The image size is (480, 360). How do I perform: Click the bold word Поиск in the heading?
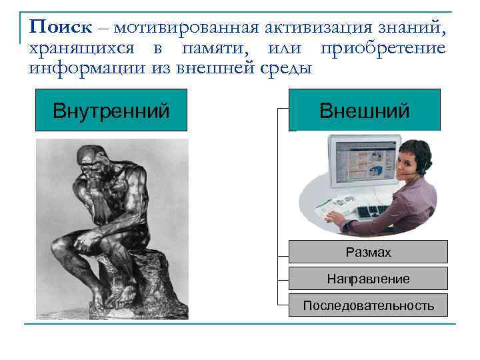(61, 27)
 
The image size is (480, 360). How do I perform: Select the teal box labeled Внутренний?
(111, 109)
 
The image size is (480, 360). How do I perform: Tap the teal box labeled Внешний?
(365, 109)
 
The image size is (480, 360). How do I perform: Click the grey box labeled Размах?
(368, 253)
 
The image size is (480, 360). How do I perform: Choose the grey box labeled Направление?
(368, 279)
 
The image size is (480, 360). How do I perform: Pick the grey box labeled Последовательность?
(368, 305)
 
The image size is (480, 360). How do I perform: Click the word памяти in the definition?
(222, 48)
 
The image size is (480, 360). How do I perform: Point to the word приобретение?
(383, 48)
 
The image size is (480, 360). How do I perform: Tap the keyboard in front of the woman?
(380, 211)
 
